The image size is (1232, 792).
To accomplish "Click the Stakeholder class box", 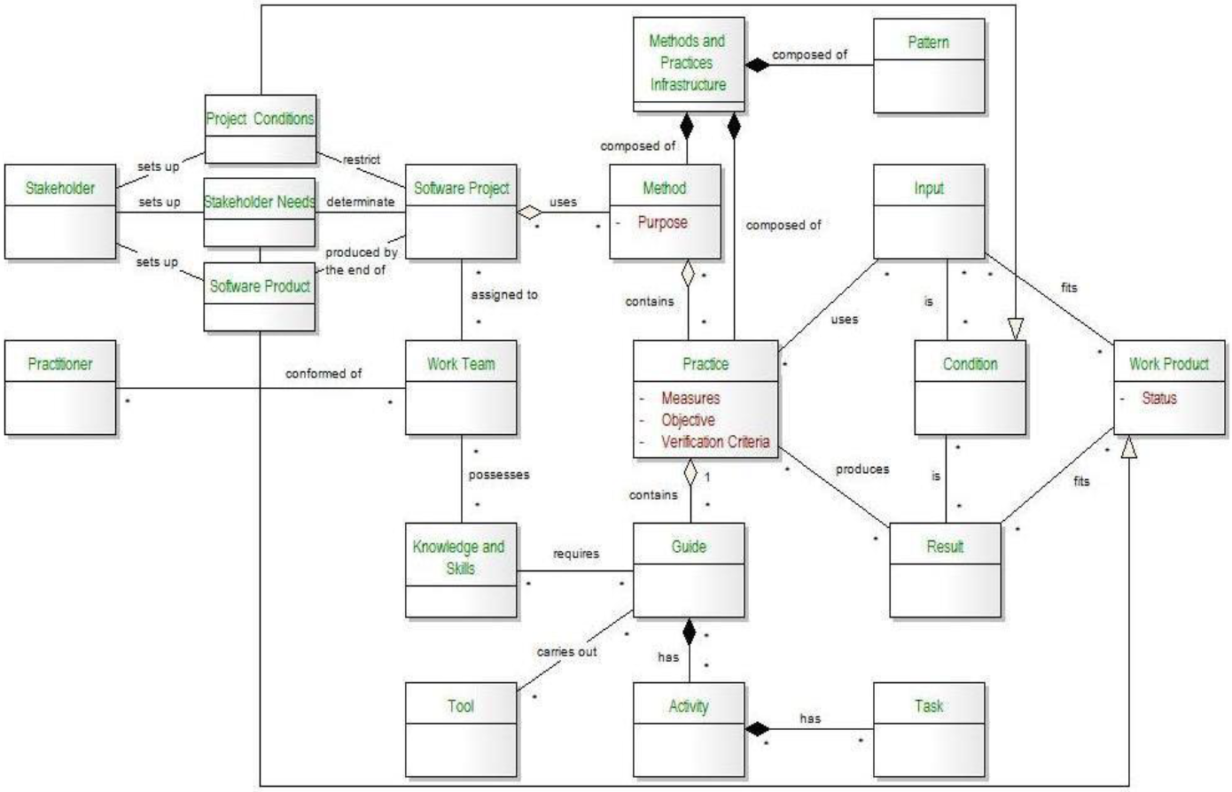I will [x=59, y=211].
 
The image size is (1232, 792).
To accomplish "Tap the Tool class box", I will [x=461, y=728].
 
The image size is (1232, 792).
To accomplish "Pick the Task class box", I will [x=928, y=728].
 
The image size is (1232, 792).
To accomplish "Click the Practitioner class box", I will [x=59, y=387].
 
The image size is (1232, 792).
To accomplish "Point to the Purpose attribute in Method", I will [x=662, y=222].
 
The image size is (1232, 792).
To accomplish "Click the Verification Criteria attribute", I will [x=715, y=441].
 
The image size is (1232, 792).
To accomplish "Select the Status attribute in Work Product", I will [x=1158, y=399].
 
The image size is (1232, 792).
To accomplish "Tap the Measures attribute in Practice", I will [x=690, y=399].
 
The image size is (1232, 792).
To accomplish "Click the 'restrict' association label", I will [x=362, y=159].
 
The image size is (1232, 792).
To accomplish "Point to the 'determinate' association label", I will [x=360, y=202].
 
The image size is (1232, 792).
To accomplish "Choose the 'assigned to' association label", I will [x=503, y=294].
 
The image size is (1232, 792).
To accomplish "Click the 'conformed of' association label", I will [x=324, y=374].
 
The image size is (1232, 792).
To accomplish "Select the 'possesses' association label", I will [x=498, y=475].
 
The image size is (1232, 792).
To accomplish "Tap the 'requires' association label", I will [x=576, y=554].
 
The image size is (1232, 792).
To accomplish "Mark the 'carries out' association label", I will [x=566, y=652].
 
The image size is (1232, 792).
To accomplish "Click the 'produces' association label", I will [x=862, y=470].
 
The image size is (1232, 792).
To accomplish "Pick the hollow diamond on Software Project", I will [x=528, y=213].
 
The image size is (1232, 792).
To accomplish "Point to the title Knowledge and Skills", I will [x=459, y=557].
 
